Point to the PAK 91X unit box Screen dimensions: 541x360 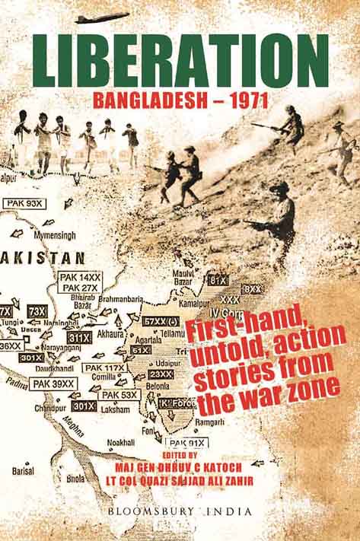click(x=187, y=443)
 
